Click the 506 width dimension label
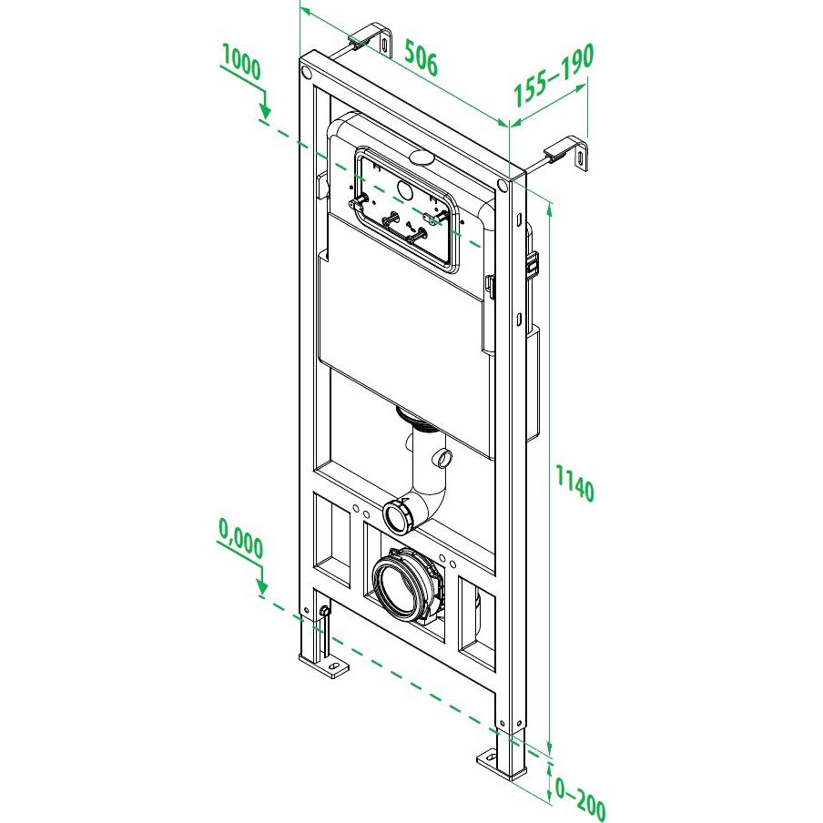(x=421, y=57)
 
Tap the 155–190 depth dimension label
(x=554, y=75)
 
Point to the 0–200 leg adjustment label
(x=580, y=798)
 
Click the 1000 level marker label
(x=241, y=62)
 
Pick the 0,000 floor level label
(x=241, y=538)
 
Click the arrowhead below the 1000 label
(x=266, y=111)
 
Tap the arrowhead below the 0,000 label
(x=262, y=588)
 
